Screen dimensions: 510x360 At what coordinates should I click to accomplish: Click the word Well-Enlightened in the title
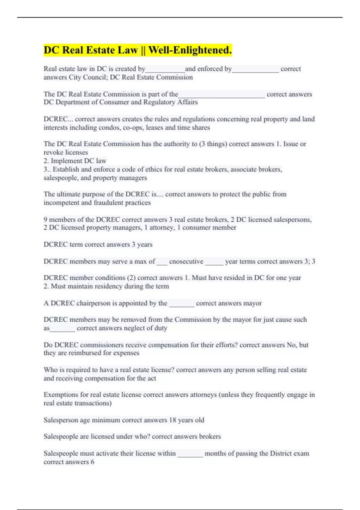point(190,50)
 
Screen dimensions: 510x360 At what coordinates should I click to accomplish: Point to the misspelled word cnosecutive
point(186,262)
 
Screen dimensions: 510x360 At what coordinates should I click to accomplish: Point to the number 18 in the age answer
point(172,420)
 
